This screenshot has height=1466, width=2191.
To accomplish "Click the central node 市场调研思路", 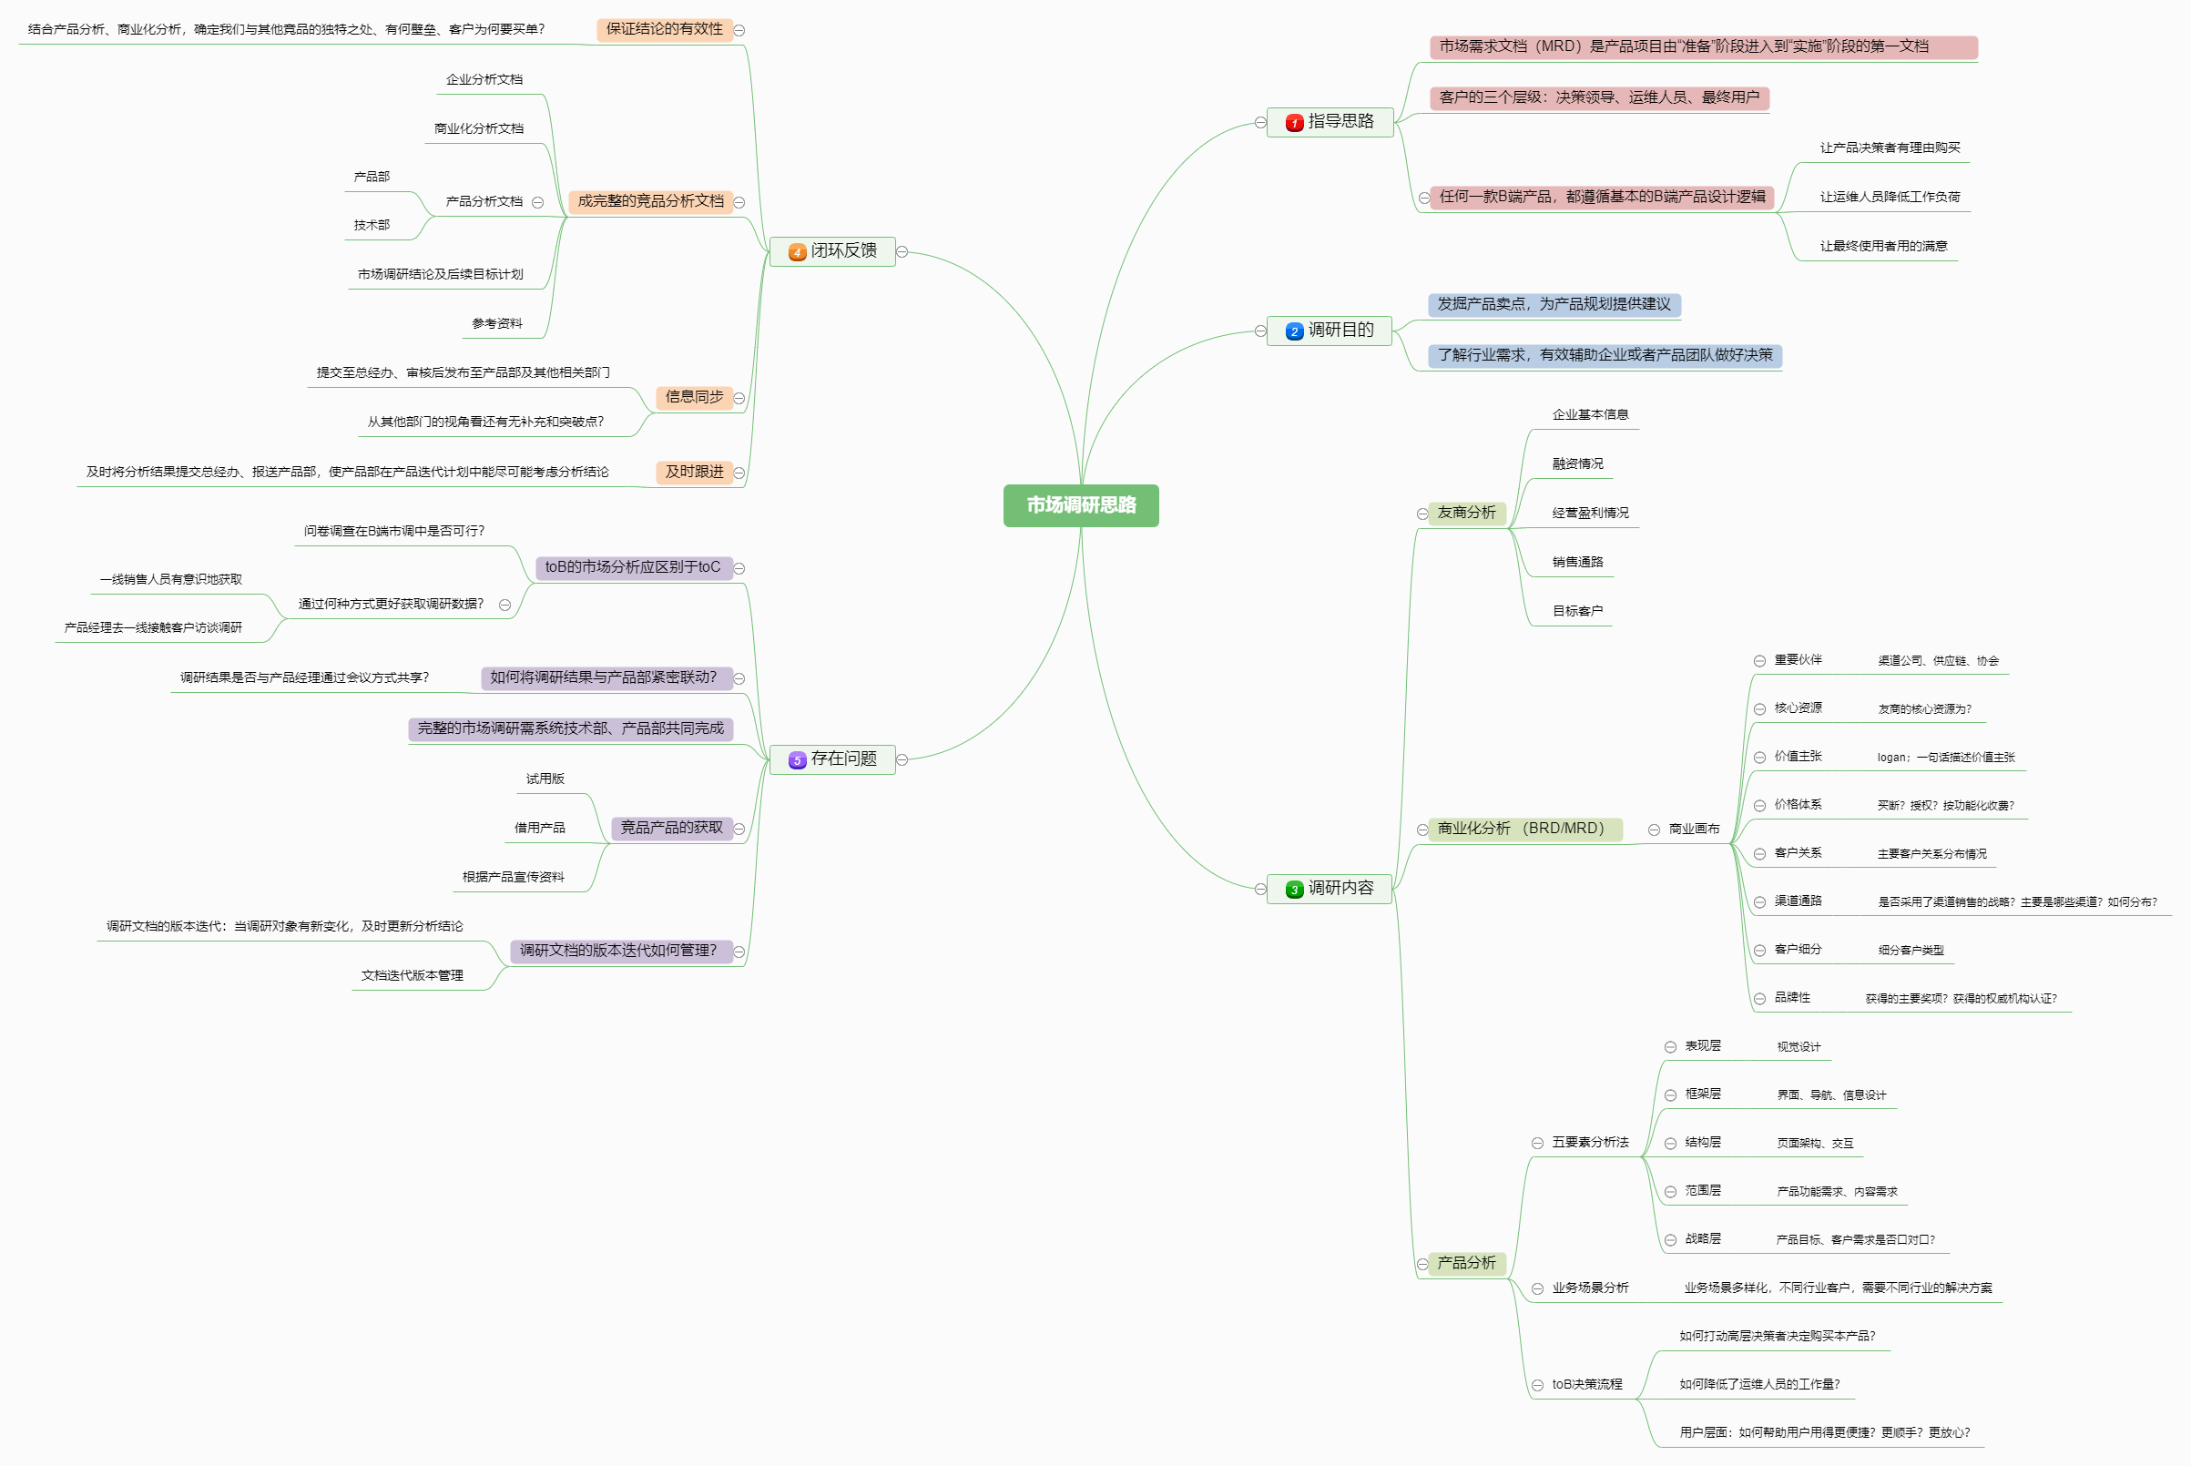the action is coord(1081,504).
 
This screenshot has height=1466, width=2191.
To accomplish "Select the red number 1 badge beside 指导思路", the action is coord(1294,123).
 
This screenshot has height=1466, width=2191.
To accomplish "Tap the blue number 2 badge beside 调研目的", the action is coord(1294,331).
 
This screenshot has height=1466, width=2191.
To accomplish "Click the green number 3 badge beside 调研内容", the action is coord(1294,889).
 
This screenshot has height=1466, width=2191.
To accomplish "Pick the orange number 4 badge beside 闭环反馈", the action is coord(797,252).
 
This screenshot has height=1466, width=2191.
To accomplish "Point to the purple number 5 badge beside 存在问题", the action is coord(797,760).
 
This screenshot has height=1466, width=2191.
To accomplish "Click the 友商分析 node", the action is coord(1466,513).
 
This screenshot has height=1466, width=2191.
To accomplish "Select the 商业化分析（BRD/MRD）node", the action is coord(1524,829).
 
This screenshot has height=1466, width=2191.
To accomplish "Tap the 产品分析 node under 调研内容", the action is coord(1466,1263).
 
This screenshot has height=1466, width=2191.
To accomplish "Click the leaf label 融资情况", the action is coord(1577,463).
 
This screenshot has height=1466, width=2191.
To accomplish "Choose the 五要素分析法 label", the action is coord(1590,1143).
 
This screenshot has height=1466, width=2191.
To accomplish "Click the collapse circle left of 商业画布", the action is coord(1654,830).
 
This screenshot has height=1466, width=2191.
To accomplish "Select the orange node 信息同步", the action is coord(694,397).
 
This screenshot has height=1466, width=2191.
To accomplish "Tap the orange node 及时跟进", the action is coord(694,473).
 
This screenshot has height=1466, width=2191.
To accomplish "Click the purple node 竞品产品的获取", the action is coord(671,828).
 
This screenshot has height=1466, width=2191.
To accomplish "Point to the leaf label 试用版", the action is coord(545,779).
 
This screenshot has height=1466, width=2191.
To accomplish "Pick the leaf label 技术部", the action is coord(372,225).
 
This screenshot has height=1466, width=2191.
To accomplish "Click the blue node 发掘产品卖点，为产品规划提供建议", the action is coord(1554,304).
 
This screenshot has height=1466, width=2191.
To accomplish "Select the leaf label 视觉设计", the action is coord(1799,1046).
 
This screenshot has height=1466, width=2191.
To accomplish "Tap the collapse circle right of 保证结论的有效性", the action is coord(739,30).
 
